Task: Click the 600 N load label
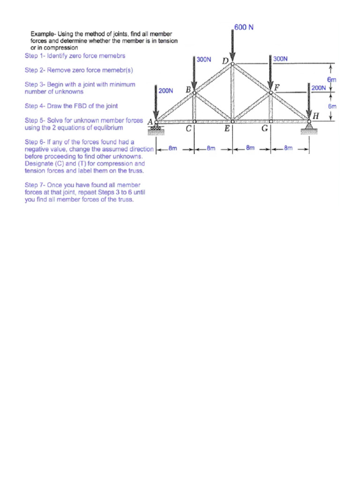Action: tap(244, 27)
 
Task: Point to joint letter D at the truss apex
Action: tap(225, 61)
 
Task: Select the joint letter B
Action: tap(188, 88)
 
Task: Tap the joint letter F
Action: tap(277, 87)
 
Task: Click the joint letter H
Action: tap(315, 115)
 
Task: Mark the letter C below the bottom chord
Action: tap(188, 130)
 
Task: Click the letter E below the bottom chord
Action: tap(226, 130)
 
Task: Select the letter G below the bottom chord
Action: tap(265, 130)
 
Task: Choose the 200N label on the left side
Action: tap(166, 91)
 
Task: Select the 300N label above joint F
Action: tap(280, 59)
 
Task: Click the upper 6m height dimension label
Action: tap(331, 80)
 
